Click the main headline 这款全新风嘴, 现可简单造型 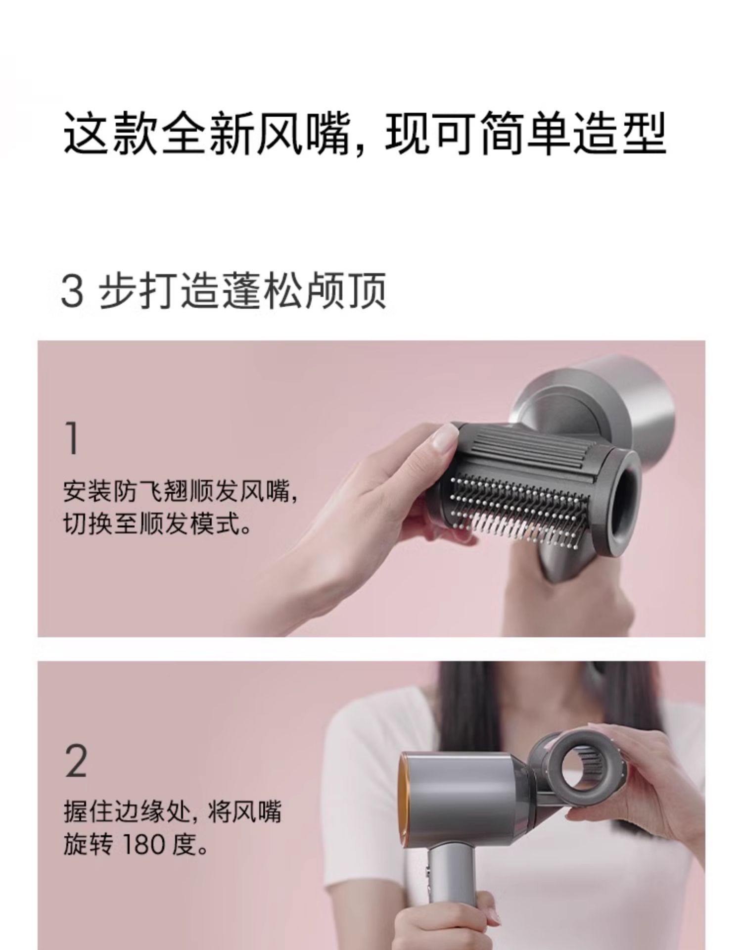coord(365,133)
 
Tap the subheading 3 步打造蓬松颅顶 coord(223,291)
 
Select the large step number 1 coord(73,438)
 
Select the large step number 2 coord(76,760)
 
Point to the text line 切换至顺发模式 coord(157,523)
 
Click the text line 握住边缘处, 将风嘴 coord(172,812)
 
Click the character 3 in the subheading coord(72,292)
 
